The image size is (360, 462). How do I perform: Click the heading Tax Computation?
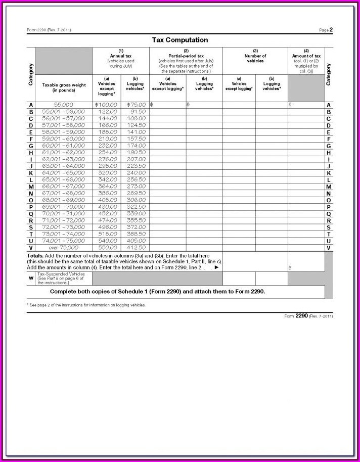[x=180, y=40]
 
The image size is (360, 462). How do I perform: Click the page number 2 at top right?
[x=331, y=30]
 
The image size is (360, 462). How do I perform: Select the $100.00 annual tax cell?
[x=106, y=105]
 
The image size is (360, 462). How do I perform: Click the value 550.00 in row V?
[x=108, y=248]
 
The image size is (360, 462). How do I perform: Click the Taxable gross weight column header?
[x=64, y=87]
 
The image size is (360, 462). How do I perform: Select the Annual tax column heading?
[x=120, y=56]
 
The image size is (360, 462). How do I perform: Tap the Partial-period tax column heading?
[x=186, y=56]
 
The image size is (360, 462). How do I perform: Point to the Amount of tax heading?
[x=306, y=56]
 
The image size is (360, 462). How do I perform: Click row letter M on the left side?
[x=31, y=187]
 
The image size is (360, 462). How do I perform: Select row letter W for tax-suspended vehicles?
[x=31, y=278]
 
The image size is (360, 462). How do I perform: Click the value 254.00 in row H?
[x=108, y=152]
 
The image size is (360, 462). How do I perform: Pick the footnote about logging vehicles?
[x=87, y=305]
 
